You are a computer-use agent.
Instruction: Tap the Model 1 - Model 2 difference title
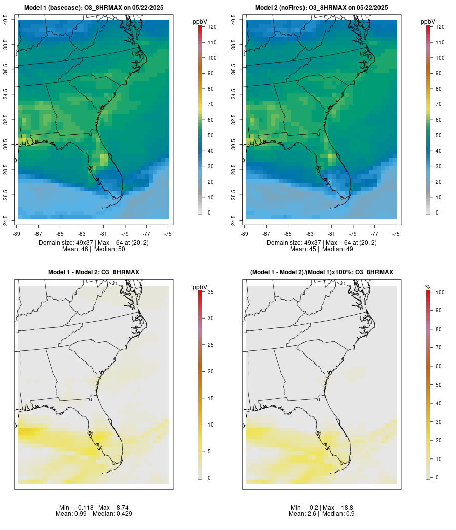pyautogui.click(x=93, y=272)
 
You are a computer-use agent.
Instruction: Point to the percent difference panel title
pyautogui.click(x=321, y=272)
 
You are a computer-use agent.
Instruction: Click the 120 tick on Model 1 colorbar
pyautogui.click(x=212, y=27)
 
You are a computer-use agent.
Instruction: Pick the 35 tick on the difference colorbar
pyautogui.click(x=210, y=292)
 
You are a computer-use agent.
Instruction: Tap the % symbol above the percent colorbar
pyautogui.click(x=428, y=287)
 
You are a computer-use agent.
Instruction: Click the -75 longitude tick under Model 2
pyautogui.click(x=396, y=234)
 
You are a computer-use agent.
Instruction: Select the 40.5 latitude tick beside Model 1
pyautogui.click(x=6, y=20)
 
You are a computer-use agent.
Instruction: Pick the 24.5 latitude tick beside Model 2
pyautogui.click(x=234, y=220)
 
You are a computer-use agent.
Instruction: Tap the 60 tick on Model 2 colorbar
pyautogui.click(x=438, y=120)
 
